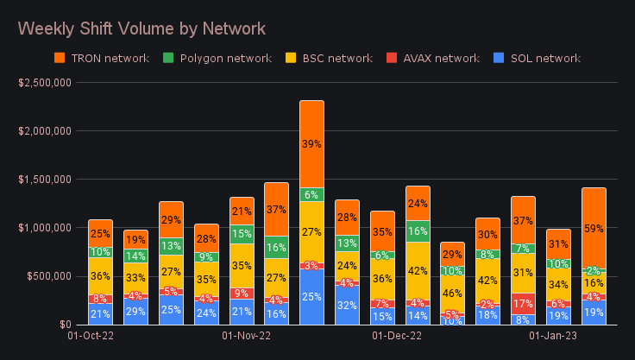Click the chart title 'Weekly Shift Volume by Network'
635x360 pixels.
(142, 28)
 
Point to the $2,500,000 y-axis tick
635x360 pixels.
(48, 83)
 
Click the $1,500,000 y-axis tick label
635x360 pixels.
(48, 180)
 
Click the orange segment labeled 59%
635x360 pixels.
(594, 228)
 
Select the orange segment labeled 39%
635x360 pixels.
(311, 144)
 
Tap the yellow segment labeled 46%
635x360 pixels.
(452, 294)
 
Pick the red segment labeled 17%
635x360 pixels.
(523, 304)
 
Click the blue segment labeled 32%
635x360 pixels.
(347, 306)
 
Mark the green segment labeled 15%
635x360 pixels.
(241, 234)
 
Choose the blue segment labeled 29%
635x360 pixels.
(135, 311)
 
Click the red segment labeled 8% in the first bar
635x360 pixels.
(100, 299)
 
